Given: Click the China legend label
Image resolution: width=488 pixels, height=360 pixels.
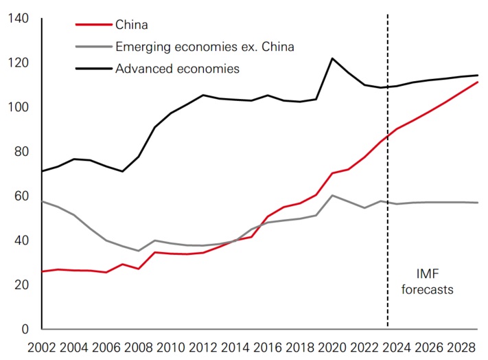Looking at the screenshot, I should pos(132,25).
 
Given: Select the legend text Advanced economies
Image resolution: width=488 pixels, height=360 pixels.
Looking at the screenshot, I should pos(177,68).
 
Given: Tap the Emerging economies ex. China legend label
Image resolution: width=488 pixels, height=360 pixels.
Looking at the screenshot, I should pos(205,47).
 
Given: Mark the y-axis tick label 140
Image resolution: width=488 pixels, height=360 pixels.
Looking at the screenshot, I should pos(16,19).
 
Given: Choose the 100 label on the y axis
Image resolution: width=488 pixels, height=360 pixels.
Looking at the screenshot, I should pos(16,107).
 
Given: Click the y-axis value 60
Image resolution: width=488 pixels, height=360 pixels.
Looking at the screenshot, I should pos(21,196).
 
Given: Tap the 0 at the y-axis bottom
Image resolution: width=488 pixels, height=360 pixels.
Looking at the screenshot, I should pos(25,329).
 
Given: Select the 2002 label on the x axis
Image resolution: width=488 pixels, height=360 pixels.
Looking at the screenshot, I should pos(42,347).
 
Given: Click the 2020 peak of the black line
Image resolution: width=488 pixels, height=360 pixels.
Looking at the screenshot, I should pos(332,58).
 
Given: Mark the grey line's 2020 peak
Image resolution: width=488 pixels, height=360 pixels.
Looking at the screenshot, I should pos(332,195).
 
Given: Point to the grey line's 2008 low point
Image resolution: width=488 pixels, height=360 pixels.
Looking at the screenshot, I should pos(139,251).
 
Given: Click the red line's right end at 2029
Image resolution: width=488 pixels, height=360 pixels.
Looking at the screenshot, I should pos(478,82).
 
